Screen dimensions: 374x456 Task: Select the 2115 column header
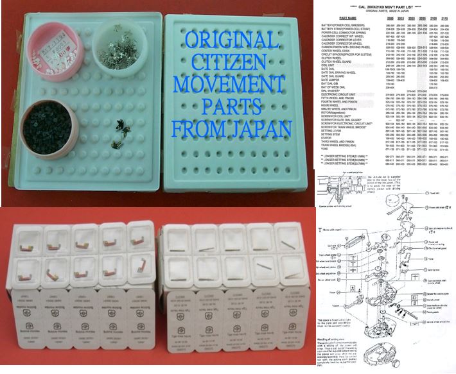click(445, 19)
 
